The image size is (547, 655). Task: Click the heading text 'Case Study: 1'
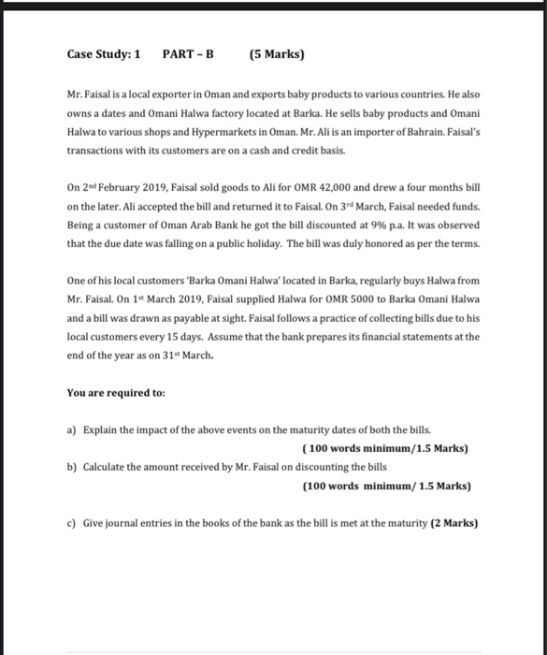104,53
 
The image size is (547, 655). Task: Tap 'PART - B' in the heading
189,53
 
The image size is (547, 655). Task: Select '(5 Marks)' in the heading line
278,53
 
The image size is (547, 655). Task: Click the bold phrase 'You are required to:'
116,393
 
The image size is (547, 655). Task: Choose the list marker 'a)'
72,430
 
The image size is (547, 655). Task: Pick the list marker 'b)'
72,467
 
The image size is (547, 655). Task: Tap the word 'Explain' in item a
101,430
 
